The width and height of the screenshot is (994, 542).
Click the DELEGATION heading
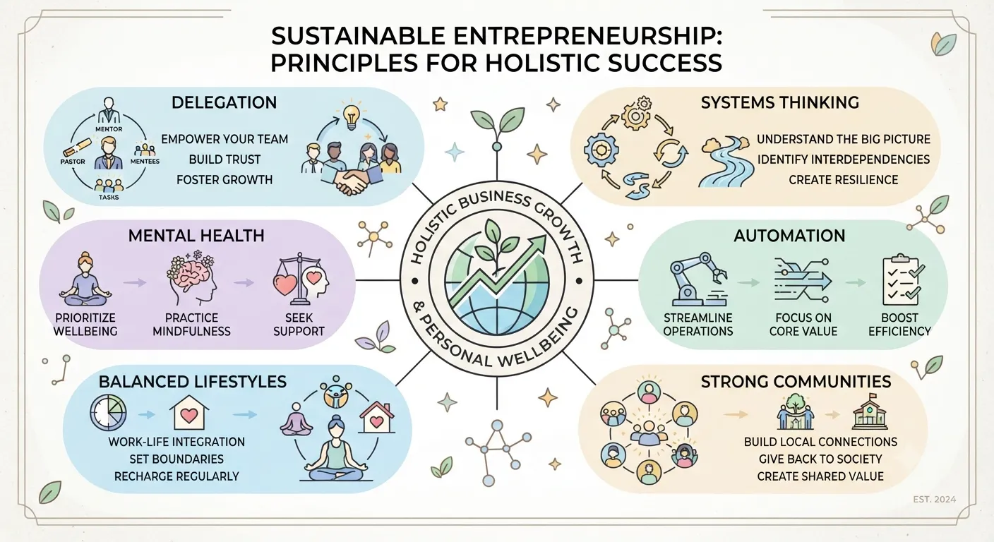224,102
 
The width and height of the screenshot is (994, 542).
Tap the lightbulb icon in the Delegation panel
351,116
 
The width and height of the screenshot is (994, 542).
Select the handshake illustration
352,181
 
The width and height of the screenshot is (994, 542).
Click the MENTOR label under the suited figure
109,129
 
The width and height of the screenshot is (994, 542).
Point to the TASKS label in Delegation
109,197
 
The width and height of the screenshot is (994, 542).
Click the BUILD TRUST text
224,159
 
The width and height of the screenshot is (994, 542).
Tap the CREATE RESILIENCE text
843,180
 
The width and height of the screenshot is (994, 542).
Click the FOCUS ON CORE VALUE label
803,325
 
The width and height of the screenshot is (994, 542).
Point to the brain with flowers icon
192,277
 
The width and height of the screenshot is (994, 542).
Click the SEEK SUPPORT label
299,325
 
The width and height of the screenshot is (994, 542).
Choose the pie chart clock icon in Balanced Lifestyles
108,414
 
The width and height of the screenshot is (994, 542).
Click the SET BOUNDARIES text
176,459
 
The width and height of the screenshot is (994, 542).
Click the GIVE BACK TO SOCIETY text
820,459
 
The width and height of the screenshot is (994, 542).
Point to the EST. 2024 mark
935,500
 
